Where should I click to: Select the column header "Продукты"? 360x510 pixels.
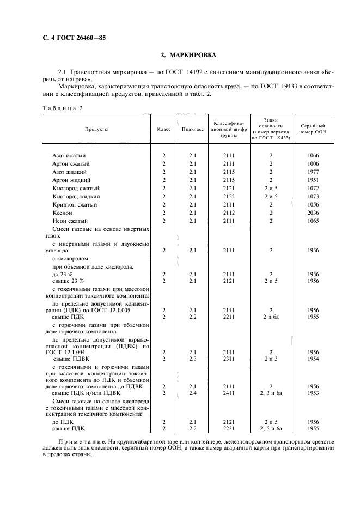(96, 129)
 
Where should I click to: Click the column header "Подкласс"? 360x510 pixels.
(192, 129)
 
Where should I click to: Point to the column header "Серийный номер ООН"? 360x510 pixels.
(313, 129)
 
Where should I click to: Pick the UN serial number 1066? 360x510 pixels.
(313, 155)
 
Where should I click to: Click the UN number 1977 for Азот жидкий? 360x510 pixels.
(313, 172)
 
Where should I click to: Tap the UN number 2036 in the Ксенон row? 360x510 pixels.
(313, 212)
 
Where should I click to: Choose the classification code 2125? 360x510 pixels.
(228, 196)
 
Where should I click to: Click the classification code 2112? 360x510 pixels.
(228, 212)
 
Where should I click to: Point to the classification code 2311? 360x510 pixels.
(228, 359)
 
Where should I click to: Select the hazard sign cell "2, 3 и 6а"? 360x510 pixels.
(271, 392)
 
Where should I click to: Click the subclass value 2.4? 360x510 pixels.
(192, 392)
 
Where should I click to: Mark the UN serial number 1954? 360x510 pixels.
(313, 359)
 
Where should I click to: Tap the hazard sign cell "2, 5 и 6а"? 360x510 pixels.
(271, 428)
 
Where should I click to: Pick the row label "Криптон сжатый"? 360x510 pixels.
(75, 204)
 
